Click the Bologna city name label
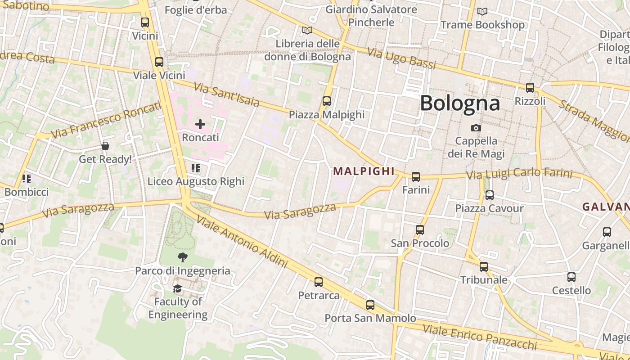(x=459, y=103)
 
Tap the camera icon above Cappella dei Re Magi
(x=476, y=128)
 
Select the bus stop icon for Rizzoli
(x=530, y=88)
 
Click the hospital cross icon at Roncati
(x=200, y=124)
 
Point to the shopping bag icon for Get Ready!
(x=105, y=146)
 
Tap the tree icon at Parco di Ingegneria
(x=182, y=257)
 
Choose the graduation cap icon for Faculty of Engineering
(x=178, y=288)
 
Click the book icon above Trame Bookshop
(x=482, y=11)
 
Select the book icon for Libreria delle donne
(x=307, y=30)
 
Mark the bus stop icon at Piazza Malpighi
(x=327, y=101)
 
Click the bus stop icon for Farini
(x=416, y=177)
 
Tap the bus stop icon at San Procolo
(x=420, y=230)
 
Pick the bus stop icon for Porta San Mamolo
(x=370, y=305)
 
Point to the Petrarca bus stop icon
(x=319, y=282)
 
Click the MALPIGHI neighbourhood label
(x=364, y=171)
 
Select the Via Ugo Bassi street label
(x=402, y=58)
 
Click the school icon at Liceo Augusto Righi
(x=196, y=168)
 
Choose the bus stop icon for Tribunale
(x=484, y=267)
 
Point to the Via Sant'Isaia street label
(x=226, y=94)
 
